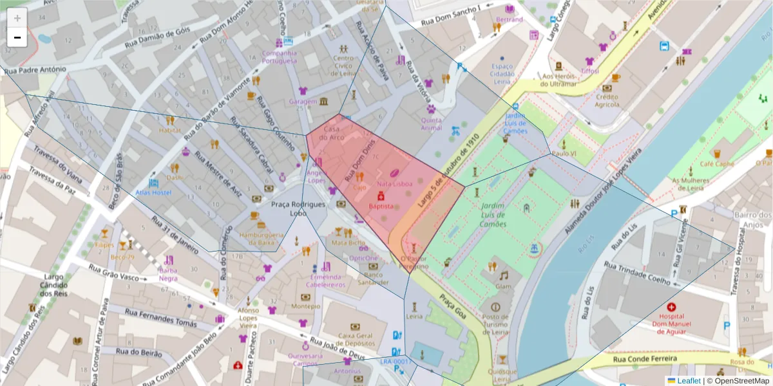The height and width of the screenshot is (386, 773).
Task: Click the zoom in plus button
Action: click(x=17, y=17)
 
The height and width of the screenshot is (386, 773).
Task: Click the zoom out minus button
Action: click(x=17, y=37)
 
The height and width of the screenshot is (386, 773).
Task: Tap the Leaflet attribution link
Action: click(x=688, y=381)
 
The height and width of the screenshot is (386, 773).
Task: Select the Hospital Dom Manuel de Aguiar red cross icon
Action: click(x=672, y=308)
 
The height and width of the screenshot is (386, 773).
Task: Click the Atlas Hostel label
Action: click(x=153, y=192)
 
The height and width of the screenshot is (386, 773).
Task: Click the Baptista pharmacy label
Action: click(x=381, y=206)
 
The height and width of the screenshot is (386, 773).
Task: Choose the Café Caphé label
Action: click(x=716, y=163)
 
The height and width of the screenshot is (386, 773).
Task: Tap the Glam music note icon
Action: click(x=503, y=275)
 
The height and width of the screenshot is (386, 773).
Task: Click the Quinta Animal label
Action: click(x=431, y=124)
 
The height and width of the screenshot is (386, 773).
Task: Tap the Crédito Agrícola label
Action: click(x=607, y=100)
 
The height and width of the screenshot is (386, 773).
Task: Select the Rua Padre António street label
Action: click(x=35, y=69)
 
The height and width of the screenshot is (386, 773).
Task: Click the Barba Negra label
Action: click(x=168, y=274)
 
